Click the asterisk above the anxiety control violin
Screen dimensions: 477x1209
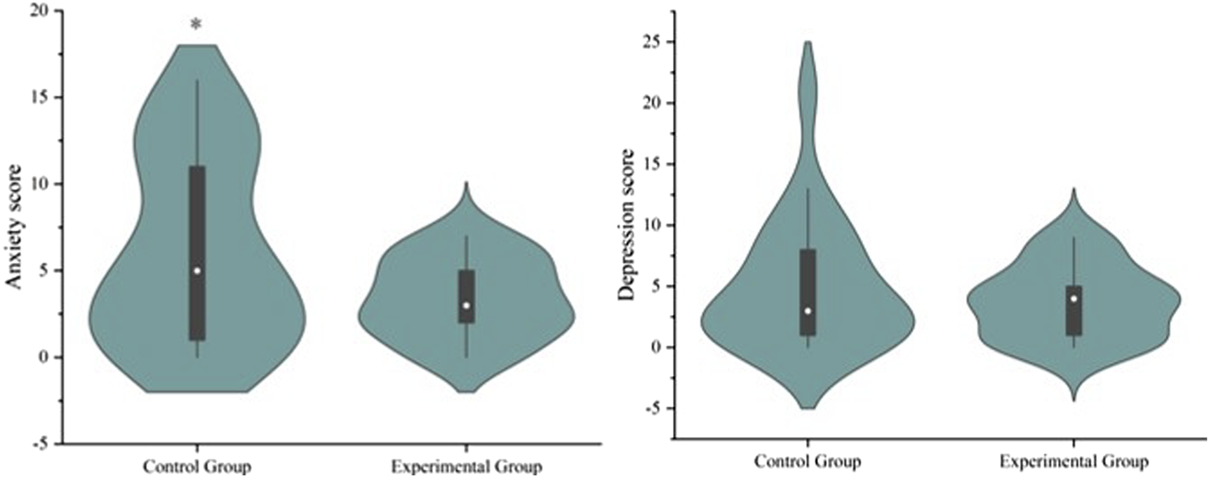click(196, 25)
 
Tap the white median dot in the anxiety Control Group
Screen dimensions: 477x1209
click(197, 271)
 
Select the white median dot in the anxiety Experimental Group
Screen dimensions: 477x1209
click(466, 305)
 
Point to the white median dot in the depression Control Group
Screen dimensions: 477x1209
click(808, 311)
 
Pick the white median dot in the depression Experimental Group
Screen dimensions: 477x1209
click(1074, 298)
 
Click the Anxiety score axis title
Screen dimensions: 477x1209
click(15, 226)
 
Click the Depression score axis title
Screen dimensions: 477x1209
click(627, 224)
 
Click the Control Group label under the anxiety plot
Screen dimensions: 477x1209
click(196, 466)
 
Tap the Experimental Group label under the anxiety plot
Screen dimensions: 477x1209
click(466, 466)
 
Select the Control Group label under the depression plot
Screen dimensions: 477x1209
click(807, 462)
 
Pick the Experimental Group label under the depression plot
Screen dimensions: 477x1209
click(1074, 462)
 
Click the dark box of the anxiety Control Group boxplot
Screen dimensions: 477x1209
click(197, 210)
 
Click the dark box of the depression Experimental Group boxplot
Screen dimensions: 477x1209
click(1074, 323)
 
